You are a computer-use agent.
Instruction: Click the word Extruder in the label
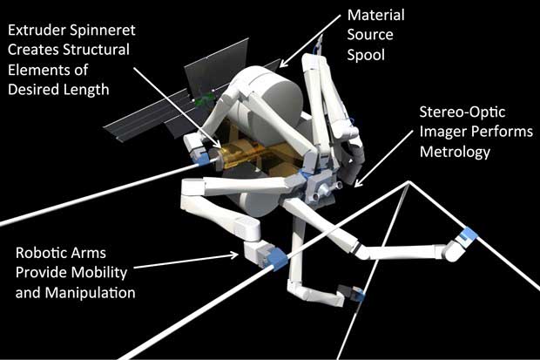point(37,30)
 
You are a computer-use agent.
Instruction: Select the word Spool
point(366,56)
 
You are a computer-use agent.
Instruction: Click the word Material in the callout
point(375,15)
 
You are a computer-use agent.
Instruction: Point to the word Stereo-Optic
point(462,112)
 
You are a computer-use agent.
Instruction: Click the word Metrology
point(455,152)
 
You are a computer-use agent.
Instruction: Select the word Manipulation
point(91,294)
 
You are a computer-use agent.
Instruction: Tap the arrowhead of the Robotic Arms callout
point(235,255)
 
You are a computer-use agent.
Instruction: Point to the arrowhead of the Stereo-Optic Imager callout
point(357,184)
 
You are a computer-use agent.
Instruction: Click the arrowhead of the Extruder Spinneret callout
point(217,144)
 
